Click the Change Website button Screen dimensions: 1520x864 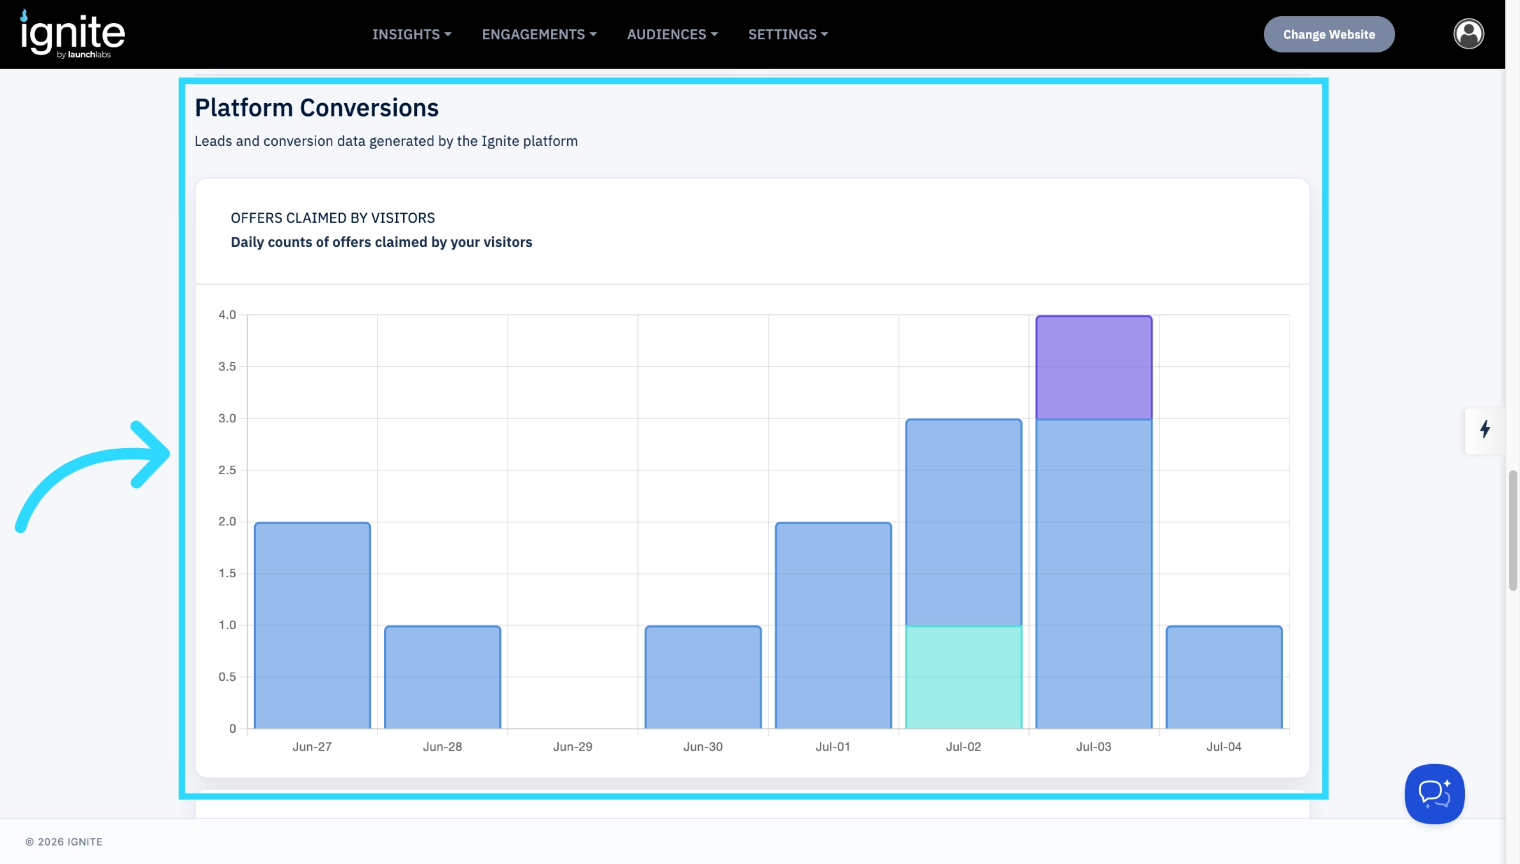point(1329,35)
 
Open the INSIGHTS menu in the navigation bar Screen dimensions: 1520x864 point(412,35)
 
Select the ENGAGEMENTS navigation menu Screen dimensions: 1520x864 point(539,35)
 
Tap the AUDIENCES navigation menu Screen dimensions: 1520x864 point(672,35)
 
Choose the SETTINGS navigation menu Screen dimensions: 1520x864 point(788,35)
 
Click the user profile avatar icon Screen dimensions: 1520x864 point(1468,34)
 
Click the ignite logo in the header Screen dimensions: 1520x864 point(72,35)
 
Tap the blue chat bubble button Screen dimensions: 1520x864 point(1434,794)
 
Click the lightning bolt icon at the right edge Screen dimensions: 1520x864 point(1485,429)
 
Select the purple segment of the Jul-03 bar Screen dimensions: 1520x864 point(1094,367)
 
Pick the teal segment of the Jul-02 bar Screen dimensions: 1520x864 point(963,677)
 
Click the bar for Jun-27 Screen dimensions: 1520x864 point(312,625)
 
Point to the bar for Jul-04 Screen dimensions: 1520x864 point(1224,677)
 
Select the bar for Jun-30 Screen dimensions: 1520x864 point(703,677)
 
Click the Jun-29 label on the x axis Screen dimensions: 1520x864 point(573,747)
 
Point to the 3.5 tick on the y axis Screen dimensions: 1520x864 point(227,367)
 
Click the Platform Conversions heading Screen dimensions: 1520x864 point(317,108)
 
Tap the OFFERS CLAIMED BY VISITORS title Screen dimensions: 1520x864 point(333,218)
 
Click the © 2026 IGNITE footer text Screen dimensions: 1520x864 point(64,842)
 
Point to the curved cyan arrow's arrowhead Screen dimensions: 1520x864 point(151,454)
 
